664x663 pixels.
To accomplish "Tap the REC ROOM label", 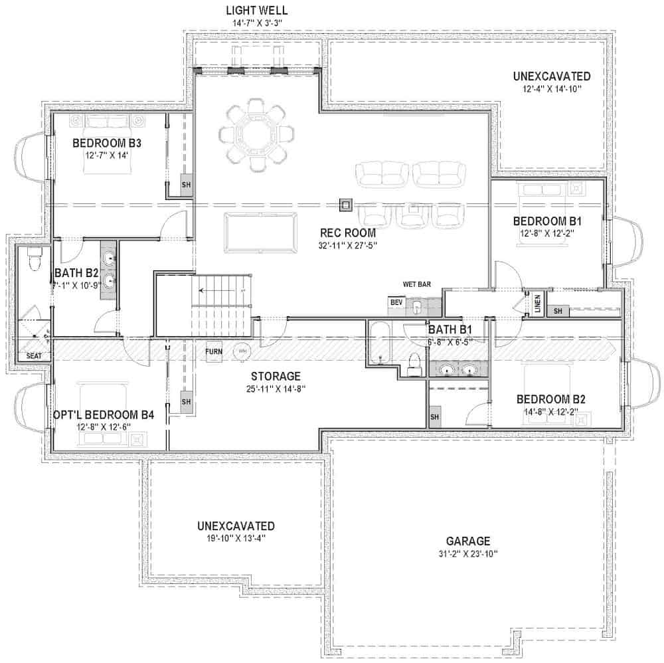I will pyautogui.click(x=347, y=233).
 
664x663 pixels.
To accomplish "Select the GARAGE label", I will pyautogui.click(x=468, y=541).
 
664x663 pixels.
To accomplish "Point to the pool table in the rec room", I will pyautogui.click(x=260, y=231).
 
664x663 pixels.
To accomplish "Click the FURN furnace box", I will pyautogui.click(x=214, y=351).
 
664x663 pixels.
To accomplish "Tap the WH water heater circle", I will pyautogui.click(x=242, y=351).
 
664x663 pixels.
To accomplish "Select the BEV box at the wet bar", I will pyautogui.click(x=397, y=303).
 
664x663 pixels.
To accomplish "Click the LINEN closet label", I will pyautogui.click(x=537, y=303).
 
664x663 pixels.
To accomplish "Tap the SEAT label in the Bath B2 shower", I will pyautogui.click(x=34, y=357).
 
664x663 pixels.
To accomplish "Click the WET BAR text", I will pyautogui.click(x=417, y=284).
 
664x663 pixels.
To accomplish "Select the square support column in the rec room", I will pyautogui.click(x=345, y=205).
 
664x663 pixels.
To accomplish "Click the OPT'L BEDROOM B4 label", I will pyautogui.click(x=104, y=415).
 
